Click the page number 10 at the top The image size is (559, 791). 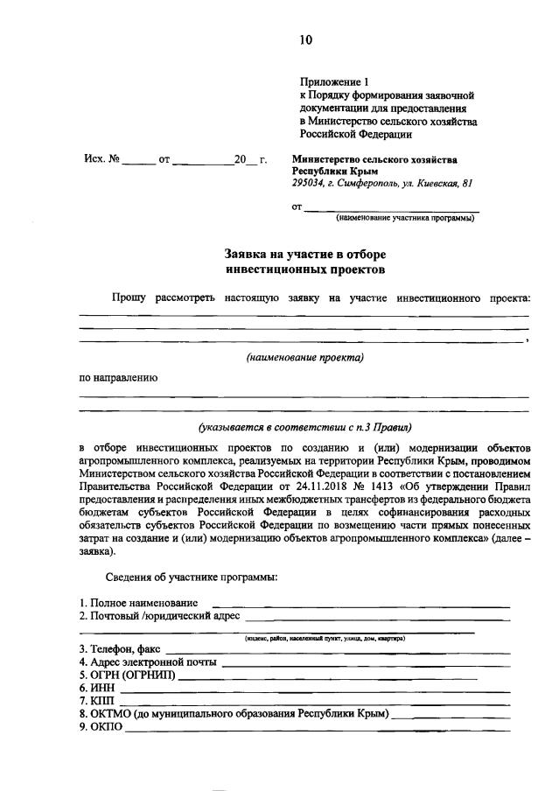tap(304, 39)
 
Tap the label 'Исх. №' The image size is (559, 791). tap(101, 160)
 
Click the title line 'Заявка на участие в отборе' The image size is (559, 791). tap(304, 255)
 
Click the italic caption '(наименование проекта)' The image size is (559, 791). tap(304, 357)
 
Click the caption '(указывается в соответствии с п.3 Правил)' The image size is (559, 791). tap(304, 428)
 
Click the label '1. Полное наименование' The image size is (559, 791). tap(138, 603)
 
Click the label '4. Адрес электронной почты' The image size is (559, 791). tap(147, 662)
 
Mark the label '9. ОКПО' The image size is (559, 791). tap(101, 727)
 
